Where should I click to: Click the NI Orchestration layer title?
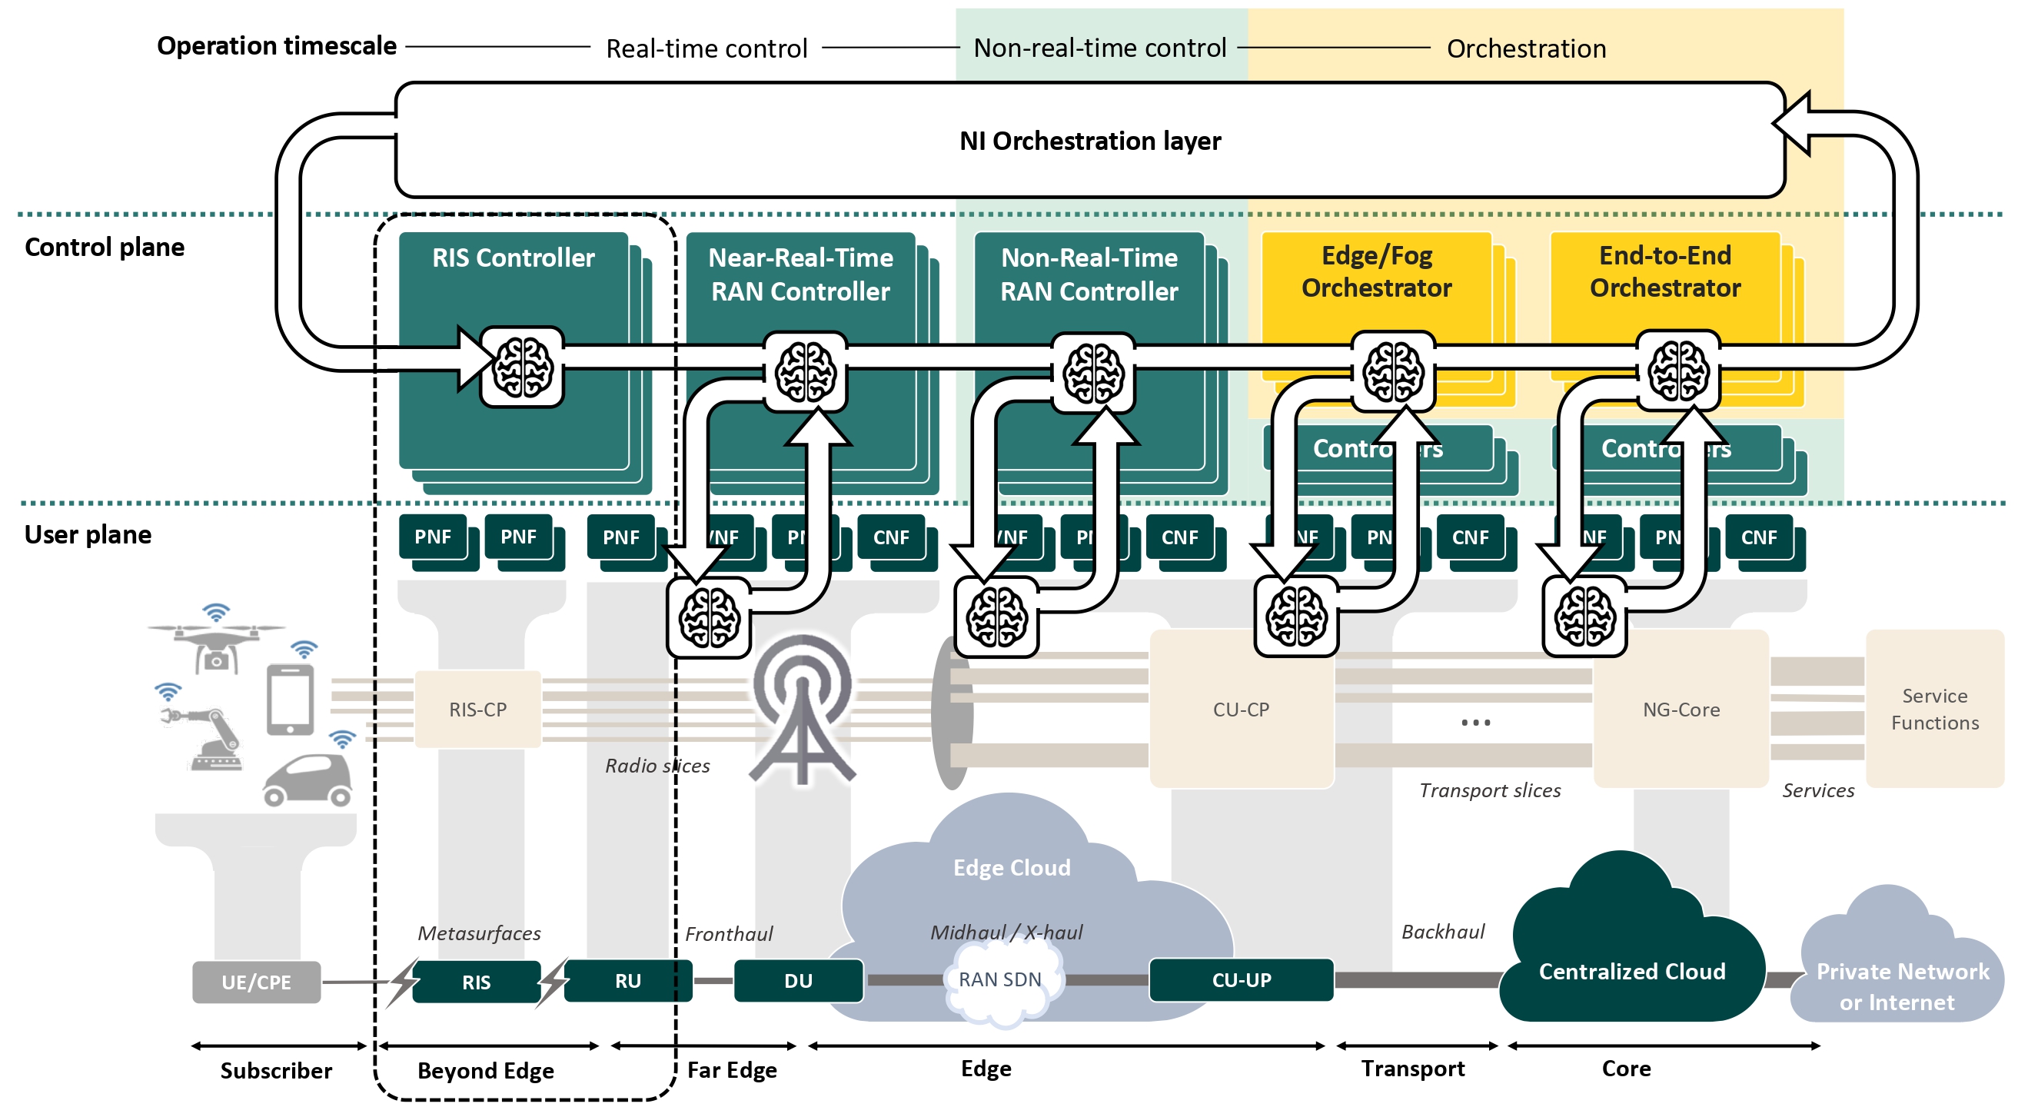coord(1089,141)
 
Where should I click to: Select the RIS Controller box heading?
coord(513,258)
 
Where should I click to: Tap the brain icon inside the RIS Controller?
coord(522,367)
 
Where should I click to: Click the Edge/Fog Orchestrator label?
coord(1375,272)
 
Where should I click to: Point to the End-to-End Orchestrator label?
coord(1664,272)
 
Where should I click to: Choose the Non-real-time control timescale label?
coord(1099,48)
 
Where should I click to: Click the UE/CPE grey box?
coord(256,982)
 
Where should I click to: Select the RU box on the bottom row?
coord(627,981)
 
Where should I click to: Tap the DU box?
coord(798,981)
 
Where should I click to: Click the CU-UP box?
coord(1241,980)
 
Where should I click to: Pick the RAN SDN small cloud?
coord(1000,980)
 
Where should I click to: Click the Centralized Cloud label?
coord(1632,972)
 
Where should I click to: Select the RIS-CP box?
coord(478,709)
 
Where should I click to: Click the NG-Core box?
coord(1681,709)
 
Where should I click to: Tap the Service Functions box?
coord(1934,709)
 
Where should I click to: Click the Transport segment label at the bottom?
coord(1412,1069)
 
